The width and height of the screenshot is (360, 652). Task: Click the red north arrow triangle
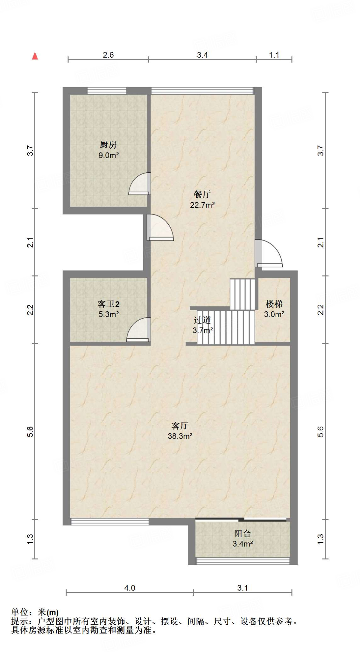pos(35,56)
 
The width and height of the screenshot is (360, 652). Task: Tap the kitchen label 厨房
pos(108,145)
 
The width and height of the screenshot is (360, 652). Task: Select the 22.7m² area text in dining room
pos(202,205)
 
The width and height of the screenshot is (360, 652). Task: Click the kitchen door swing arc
pos(139,184)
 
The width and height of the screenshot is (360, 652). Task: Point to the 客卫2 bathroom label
pos(109,304)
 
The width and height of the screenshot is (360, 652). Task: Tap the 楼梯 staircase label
pos(274,304)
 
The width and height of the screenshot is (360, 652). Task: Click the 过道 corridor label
pos(202,320)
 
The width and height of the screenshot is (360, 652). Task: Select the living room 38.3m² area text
pos(180,436)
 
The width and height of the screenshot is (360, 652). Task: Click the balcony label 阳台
pos(243,533)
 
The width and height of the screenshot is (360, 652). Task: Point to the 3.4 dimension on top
pos(202,55)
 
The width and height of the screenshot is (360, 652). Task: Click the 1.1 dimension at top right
pos(274,55)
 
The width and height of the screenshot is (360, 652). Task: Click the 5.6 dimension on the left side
pos(30,432)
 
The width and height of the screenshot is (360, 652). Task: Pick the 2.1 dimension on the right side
pos(321,243)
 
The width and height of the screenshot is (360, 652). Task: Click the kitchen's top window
pos(107,91)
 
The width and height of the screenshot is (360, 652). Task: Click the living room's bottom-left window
pos(110,521)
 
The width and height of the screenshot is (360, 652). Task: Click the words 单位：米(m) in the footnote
pos(35,612)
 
